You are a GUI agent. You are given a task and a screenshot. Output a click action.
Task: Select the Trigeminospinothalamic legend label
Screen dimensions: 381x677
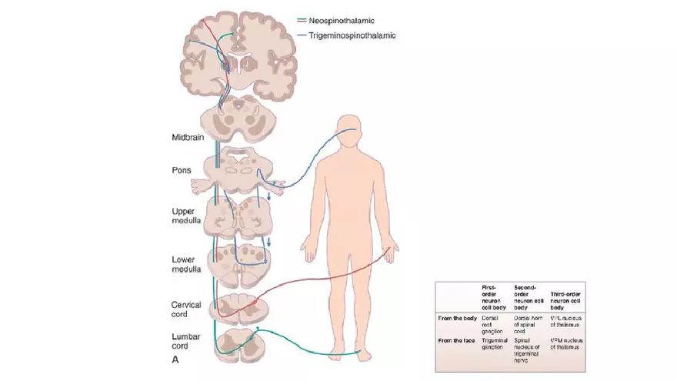tap(352, 35)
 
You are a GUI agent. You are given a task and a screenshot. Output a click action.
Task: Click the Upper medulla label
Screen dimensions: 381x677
tap(186, 215)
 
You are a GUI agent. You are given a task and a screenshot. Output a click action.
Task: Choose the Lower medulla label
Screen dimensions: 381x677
tap(186, 264)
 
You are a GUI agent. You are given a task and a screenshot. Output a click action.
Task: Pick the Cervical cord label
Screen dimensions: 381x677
tap(185, 309)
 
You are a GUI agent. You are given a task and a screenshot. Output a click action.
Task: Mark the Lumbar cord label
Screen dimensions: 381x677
tap(185, 342)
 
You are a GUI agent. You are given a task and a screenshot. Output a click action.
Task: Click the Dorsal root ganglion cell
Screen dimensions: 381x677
tap(493, 320)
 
